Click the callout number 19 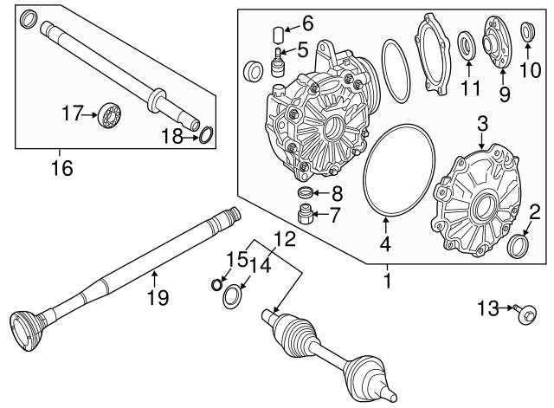pos(158,297)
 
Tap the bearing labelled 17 pos(109,113)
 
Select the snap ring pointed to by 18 pos(206,136)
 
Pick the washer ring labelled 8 pos(304,192)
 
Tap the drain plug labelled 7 pos(306,214)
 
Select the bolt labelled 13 pos(525,314)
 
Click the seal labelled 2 pos(519,246)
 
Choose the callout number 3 pos(483,124)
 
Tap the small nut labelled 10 pos(527,32)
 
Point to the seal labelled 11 pos(467,45)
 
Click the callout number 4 pos(385,243)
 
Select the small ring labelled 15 pos(216,284)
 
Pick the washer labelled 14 pos(232,296)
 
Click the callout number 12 pos(285,239)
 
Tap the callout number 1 pos(387,282)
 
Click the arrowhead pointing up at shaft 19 pos(154,273)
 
